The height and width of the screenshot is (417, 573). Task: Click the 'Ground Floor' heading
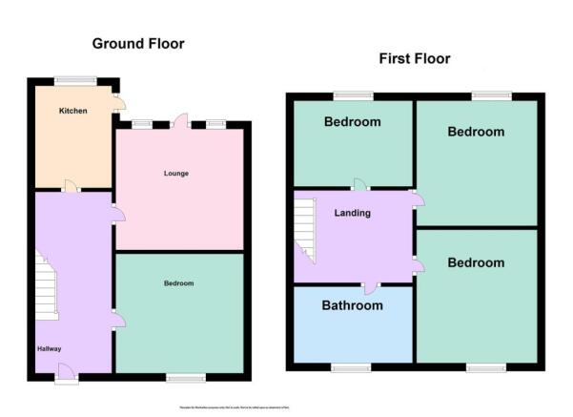[138, 44]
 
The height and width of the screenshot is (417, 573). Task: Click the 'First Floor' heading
[415, 59]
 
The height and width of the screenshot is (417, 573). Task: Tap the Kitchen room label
[73, 111]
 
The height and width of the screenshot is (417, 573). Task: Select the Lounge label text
[175, 174]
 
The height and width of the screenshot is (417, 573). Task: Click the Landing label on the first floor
[352, 213]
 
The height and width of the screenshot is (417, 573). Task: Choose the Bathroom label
[352, 305]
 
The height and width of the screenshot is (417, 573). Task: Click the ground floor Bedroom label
[178, 283]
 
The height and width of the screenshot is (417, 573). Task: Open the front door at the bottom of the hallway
[65, 372]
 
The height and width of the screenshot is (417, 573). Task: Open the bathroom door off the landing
[370, 286]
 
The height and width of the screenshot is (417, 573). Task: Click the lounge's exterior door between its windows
[180, 121]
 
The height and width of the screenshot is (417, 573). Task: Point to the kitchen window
[74, 79]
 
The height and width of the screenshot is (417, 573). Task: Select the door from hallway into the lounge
[117, 215]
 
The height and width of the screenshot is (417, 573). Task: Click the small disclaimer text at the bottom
[286, 407]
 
